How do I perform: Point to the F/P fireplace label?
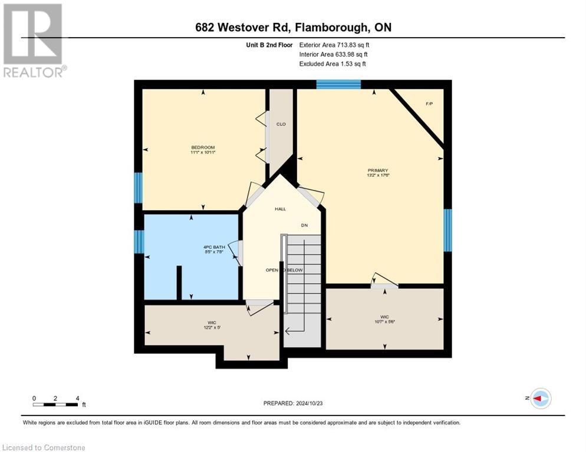click(429, 104)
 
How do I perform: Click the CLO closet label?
click(281, 124)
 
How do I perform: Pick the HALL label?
click(280, 209)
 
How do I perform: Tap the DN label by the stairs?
click(304, 225)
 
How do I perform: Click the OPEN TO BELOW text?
click(284, 270)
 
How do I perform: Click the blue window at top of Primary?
click(338, 84)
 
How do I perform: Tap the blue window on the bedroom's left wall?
click(138, 188)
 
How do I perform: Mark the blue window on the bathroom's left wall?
click(139, 241)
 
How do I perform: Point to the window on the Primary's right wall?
click(447, 230)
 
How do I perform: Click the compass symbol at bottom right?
click(540, 398)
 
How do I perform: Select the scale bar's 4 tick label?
click(77, 398)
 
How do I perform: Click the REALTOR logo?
click(33, 40)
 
